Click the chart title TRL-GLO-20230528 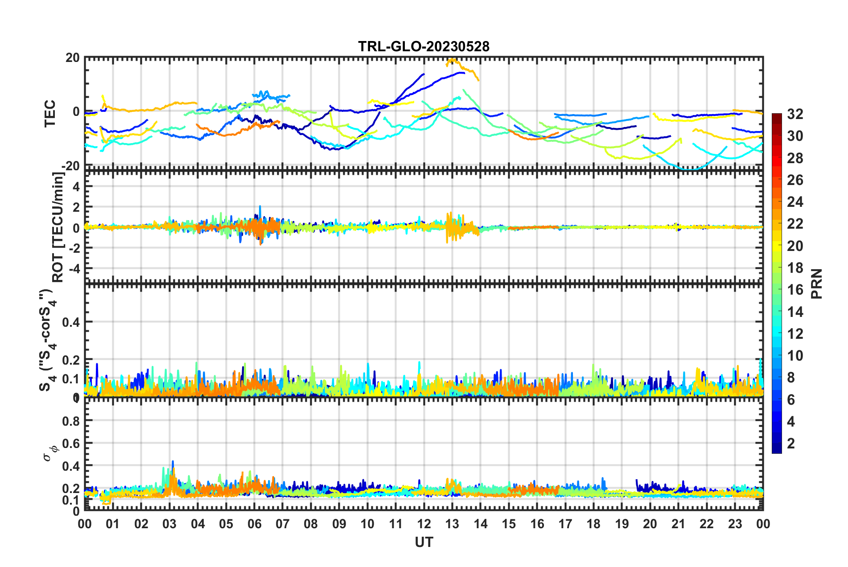[x=424, y=46]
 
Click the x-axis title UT [x=424, y=542]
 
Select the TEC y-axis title [x=50, y=113]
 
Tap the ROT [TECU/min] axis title [x=58, y=227]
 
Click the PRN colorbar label [x=817, y=283]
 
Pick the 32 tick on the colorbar [x=795, y=114]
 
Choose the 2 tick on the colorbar [x=791, y=443]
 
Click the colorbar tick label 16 [x=795, y=290]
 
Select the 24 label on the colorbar [x=795, y=202]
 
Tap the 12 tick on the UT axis [x=424, y=524]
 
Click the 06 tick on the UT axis [x=254, y=524]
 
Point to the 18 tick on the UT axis [x=593, y=524]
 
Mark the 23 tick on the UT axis [x=735, y=524]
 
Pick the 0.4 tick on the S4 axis [x=70, y=322]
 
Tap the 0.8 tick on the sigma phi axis [x=70, y=421]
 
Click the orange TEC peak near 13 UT [x=452, y=59]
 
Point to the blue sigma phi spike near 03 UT [x=173, y=462]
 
